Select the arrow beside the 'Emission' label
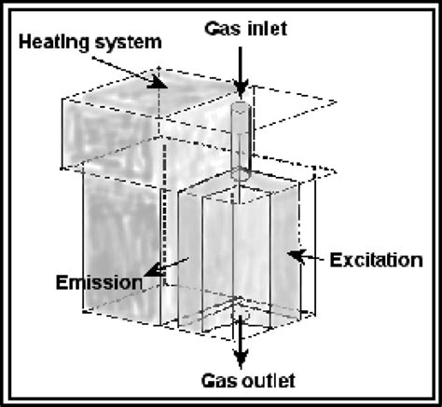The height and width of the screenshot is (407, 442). (x=158, y=269)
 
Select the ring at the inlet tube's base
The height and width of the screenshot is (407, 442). (x=240, y=174)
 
